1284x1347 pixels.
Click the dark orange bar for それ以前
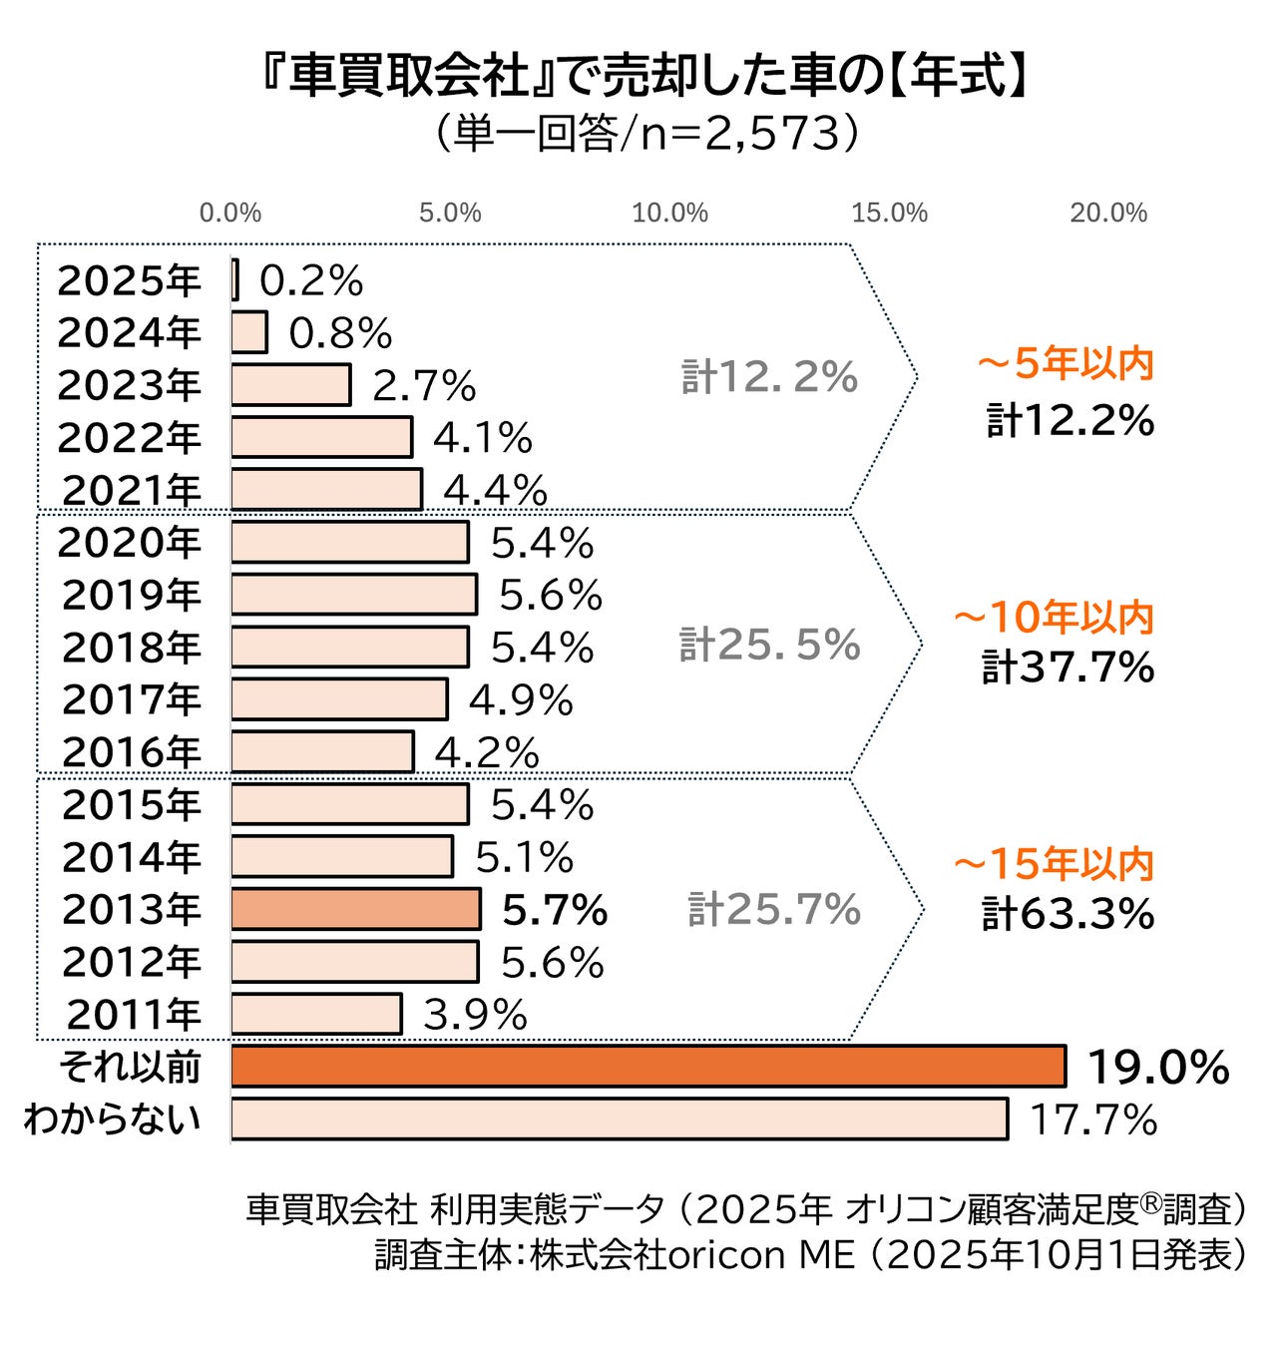tap(648, 1066)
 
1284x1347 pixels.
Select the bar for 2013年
tap(355, 909)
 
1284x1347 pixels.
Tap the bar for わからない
tap(619, 1119)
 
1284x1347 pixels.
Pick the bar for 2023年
tap(290, 385)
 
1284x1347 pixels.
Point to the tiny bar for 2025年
tap(235, 279)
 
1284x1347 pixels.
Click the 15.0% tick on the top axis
tap(889, 213)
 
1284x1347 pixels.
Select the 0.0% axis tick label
tap(230, 213)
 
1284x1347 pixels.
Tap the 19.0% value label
tap(1157, 1068)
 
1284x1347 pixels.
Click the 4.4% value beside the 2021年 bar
tap(495, 491)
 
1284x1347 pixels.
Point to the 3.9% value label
tap(475, 1016)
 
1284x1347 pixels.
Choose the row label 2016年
tap(132, 752)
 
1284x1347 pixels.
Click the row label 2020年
tap(130, 543)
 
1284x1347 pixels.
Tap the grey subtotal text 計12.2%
tap(769, 377)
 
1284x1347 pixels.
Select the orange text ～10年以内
tap(1054, 619)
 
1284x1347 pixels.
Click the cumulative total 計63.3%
tap(1069, 914)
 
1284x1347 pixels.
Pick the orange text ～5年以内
tap(1066, 364)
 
